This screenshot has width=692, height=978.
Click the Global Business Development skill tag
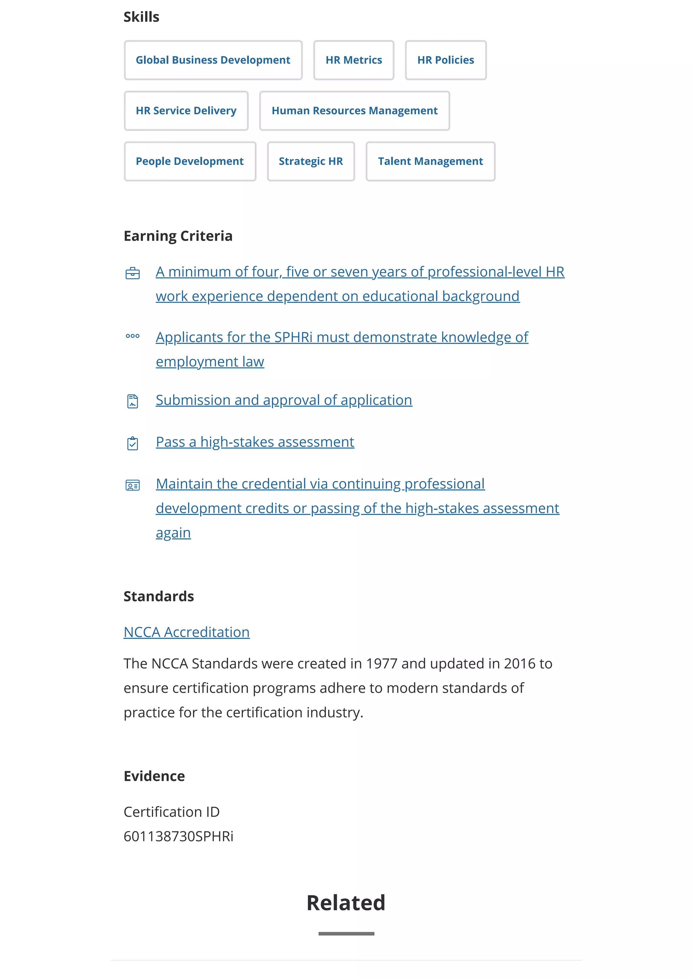pyautogui.click(x=213, y=60)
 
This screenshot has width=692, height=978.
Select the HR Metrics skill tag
pyautogui.click(x=354, y=60)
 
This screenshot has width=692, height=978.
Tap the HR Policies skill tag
pyautogui.click(x=445, y=60)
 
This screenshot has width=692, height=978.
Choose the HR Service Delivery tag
pyautogui.click(x=186, y=111)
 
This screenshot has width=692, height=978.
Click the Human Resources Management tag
pyautogui.click(x=354, y=111)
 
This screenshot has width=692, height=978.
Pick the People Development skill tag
pyautogui.click(x=190, y=162)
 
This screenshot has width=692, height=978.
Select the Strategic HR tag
pyautogui.click(x=311, y=162)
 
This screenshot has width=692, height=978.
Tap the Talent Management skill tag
pyautogui.click(x=430, y=162)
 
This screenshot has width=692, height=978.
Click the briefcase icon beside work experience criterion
pyautogui.click(x=132, y=273)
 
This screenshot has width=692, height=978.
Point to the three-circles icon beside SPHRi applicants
pyautogui.click(x=132, y=336)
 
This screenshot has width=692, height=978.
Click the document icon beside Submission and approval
pyautogui.click(x=132, y=401)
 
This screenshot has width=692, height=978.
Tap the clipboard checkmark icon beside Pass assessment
pyautogui.click(x=132, y=443)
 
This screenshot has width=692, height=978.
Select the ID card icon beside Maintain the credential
pyautogui.click(x=132, y=485)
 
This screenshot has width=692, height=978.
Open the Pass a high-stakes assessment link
pyautogui.click(x=255, y=442)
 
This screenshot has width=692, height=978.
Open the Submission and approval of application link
pyautogui.click(x=284, y=400)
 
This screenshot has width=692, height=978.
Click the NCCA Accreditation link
pyautogui.click(x=187, y=632)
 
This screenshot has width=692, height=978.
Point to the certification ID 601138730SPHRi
pyautogui.click(x=178, y=836)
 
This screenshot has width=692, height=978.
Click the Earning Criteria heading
pyautogui.click(x=178, y=236)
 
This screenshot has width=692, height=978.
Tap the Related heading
pyautogui.click(x=346, y=903)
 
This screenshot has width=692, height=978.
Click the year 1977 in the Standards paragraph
pyautogui.click(x=381, y=663)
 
